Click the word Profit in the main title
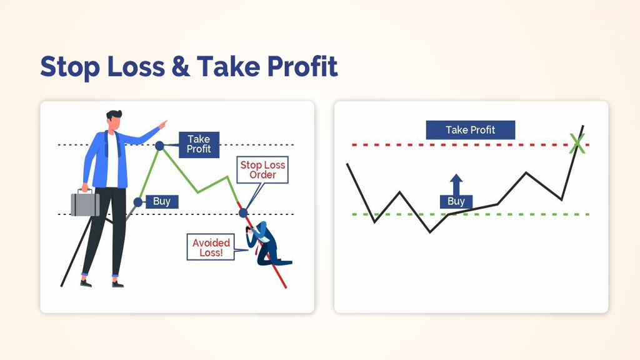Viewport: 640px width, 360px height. [302, 66]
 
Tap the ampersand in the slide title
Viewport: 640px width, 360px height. [181, 66]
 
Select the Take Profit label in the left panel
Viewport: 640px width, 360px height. [199, 144]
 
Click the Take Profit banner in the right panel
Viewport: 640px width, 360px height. [470, 130]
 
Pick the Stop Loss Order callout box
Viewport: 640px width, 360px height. [262, 170]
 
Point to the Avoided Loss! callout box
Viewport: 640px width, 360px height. [211, 247]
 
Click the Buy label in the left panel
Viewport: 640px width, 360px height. [162, 201]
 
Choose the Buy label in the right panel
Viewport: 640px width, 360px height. [456, 201]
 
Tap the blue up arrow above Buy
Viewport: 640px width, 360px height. [456, 184]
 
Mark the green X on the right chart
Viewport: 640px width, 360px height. [577, 144]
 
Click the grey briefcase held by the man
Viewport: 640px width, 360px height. [85, 203]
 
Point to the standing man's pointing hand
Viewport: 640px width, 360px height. [162, 124]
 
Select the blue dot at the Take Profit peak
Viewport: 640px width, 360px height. [159, 145]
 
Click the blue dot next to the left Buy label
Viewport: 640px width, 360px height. [138, 202]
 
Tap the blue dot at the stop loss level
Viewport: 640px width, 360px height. [243, 212]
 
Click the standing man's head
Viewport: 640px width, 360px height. [114, 121]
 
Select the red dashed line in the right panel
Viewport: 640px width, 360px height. [470, 145]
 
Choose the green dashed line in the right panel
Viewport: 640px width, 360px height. [470, 214]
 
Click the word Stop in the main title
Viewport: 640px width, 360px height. [70, 67]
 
